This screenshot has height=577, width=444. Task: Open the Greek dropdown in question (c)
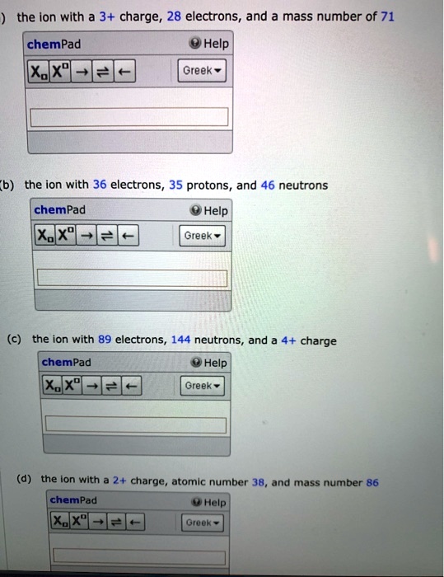pos(201,386)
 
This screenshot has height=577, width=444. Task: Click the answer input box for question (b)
pos(130,278)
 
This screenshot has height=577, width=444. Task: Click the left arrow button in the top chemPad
pos(125,72)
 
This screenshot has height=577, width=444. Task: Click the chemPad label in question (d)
pos(72,500)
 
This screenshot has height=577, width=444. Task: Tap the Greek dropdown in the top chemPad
pos(202,71)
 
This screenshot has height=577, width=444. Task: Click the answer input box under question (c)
pos(135,425)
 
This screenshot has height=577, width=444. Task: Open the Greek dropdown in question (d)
pos(201,523)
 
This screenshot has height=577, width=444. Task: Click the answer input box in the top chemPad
pos(129,116)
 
